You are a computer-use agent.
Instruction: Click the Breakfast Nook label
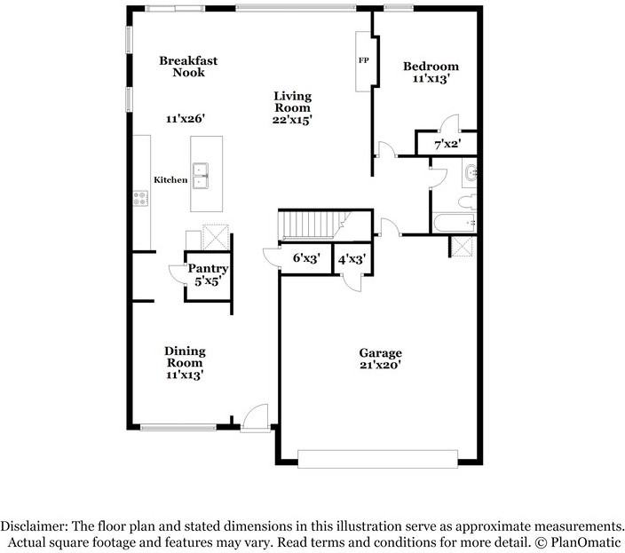point(188,67)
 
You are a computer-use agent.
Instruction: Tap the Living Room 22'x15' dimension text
point(292,119)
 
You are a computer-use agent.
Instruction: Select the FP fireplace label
point(363,61)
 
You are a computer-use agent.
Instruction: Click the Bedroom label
point(431,67)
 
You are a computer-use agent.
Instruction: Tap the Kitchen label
point(170,180)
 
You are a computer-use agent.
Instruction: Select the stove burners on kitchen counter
point(140,199)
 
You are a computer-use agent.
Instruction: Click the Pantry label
point(209,269)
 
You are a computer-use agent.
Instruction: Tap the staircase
point(311,225)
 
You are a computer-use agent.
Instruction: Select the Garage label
point(380,352)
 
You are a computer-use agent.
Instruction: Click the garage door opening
point(377,458)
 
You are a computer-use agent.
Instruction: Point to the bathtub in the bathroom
point(453,222)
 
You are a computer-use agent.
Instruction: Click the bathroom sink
point(471,173)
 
